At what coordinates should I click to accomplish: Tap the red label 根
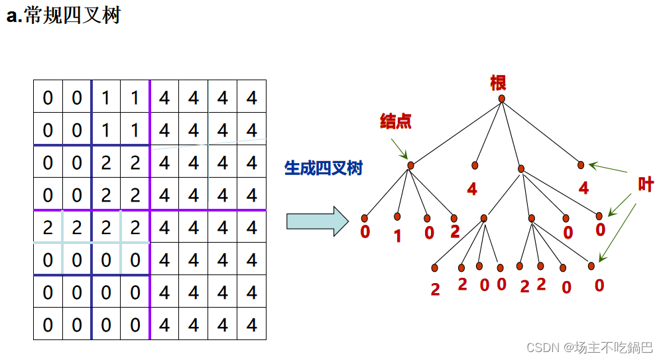click(498, 83)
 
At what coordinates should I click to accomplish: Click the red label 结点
click(395, 121)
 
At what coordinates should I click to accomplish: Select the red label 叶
click(645, 184)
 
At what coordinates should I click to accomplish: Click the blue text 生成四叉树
click(324, 168)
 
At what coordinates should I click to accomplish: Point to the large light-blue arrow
click(317, 221)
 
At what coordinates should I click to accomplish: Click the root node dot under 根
click(502, 99)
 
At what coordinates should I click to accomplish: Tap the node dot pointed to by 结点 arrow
click(410, 165)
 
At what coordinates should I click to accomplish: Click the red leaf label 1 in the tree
click(397, 236)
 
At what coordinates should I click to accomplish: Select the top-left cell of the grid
click(48, 98)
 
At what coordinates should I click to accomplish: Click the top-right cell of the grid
click(251, 98)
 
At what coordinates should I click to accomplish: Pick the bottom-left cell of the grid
click(48, 325)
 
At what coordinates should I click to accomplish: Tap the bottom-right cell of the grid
click(251, 325)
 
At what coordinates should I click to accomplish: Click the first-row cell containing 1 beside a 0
click(106, 98)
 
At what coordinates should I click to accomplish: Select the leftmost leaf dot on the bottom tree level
click(435, 268)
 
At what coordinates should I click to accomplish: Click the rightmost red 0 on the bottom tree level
click(599, 286)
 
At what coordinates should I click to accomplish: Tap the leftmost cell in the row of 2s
click(48, 227)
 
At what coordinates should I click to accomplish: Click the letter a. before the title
click(14, 17)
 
